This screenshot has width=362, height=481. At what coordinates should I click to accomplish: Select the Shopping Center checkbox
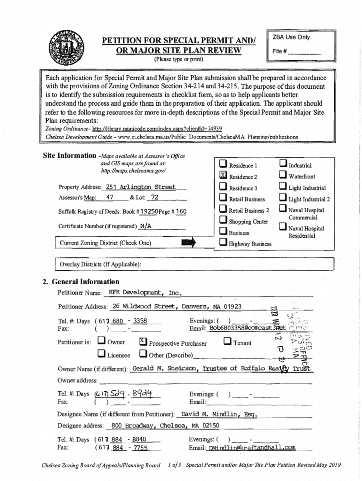coord(223,221)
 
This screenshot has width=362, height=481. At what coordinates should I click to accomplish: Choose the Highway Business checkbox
coord(223,243)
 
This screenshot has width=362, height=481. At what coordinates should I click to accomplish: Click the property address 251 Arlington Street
coord(140,187)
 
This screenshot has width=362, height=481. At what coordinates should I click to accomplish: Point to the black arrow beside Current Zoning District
coord(188,242)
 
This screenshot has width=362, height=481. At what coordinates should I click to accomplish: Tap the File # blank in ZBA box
coord(304,51)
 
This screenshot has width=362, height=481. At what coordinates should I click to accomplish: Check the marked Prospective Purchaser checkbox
coord(143,342)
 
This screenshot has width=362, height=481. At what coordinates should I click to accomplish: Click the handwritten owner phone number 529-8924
coord(127,394)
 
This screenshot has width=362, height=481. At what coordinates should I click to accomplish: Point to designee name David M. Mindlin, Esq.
coord(218,414)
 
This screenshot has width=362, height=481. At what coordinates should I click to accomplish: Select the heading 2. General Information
coord(80,282)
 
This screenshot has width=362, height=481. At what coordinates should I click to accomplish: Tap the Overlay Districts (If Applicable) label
coord(100,264)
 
